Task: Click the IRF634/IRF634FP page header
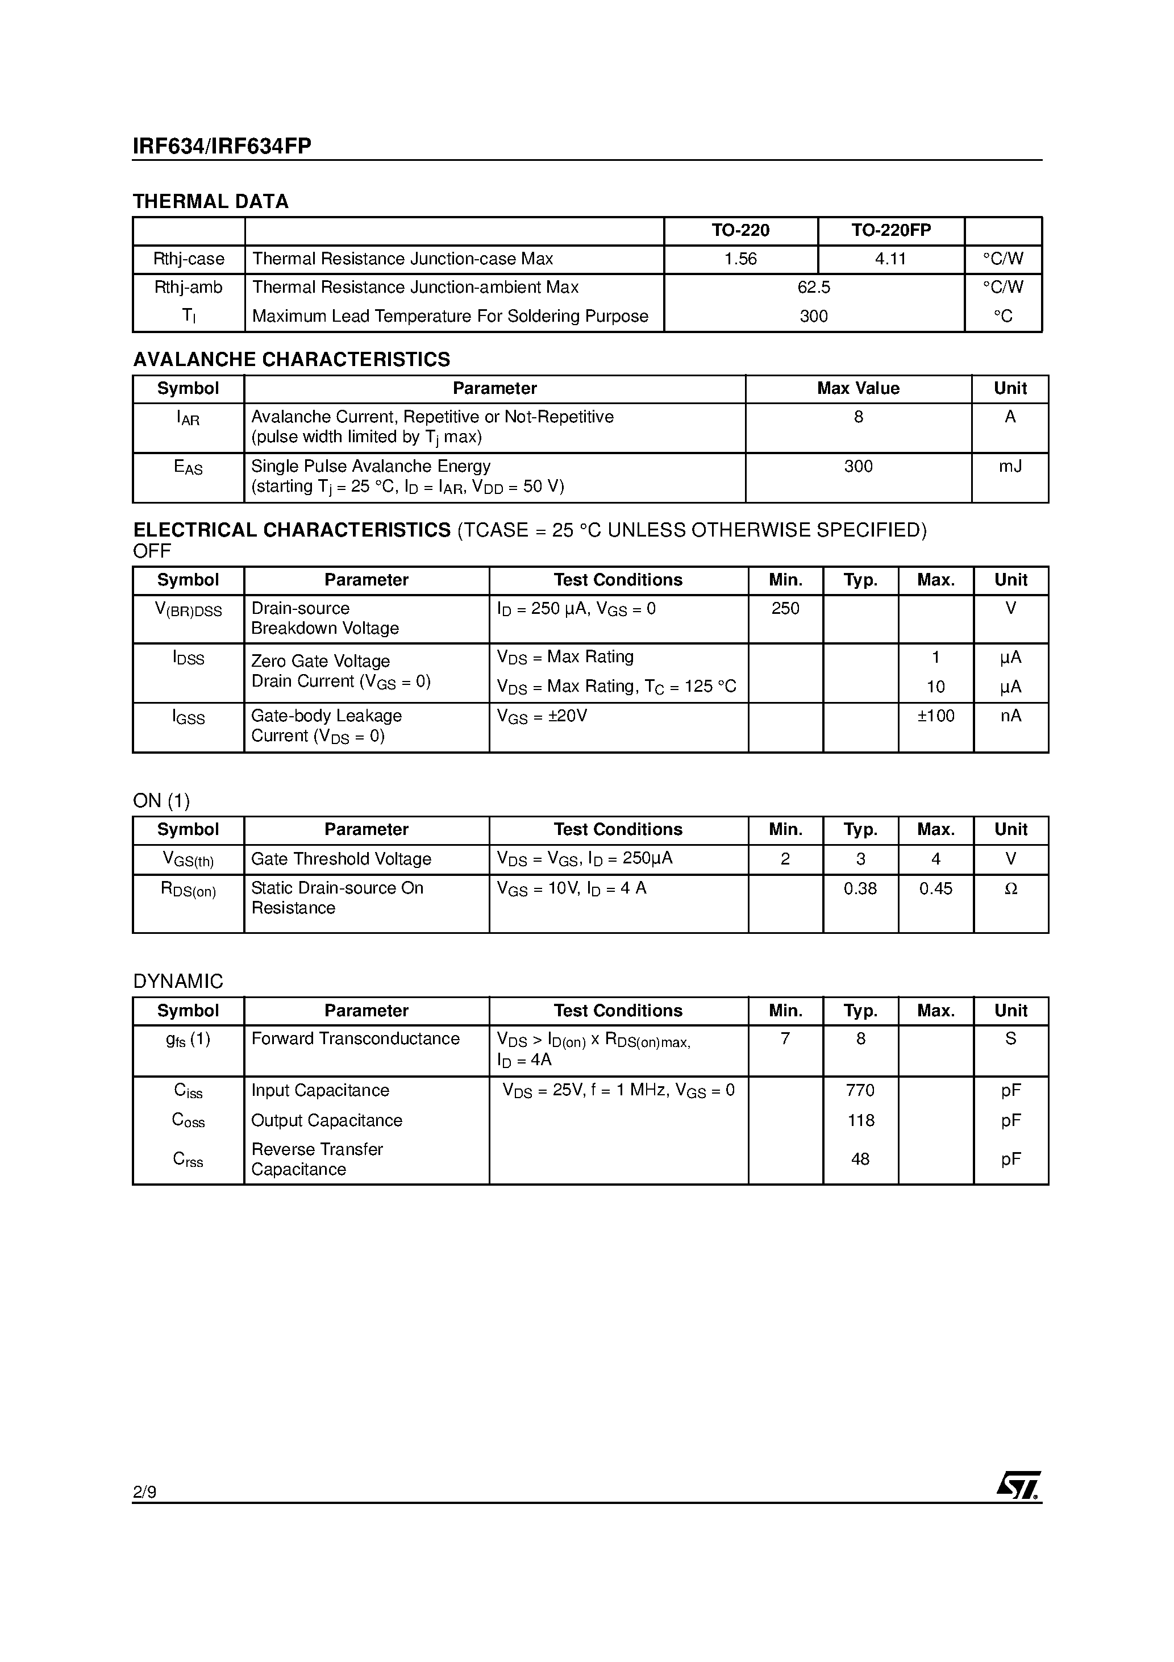[x=222, y=146]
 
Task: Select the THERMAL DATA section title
[x=211, y=201]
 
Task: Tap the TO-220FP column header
[x=890, y=230]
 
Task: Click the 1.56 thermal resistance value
[x=740, y=259]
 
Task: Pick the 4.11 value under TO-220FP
[x=890, y=259]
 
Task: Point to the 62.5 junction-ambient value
[x=814, y=288]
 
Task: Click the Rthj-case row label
[x=188, y=259]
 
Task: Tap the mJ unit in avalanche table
[x=1010, y=466]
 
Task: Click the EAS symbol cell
[x=188, y=468]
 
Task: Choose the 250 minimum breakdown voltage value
[x=785, y=609]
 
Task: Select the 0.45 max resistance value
[x=935, y=888]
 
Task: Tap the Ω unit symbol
[x=1010, y=889]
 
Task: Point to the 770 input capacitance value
[x=860, y=1090]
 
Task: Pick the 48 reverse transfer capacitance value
[x=860, y=1159]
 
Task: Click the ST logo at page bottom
[x=1018, y=1485]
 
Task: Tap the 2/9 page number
[x=145, y=1492]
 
